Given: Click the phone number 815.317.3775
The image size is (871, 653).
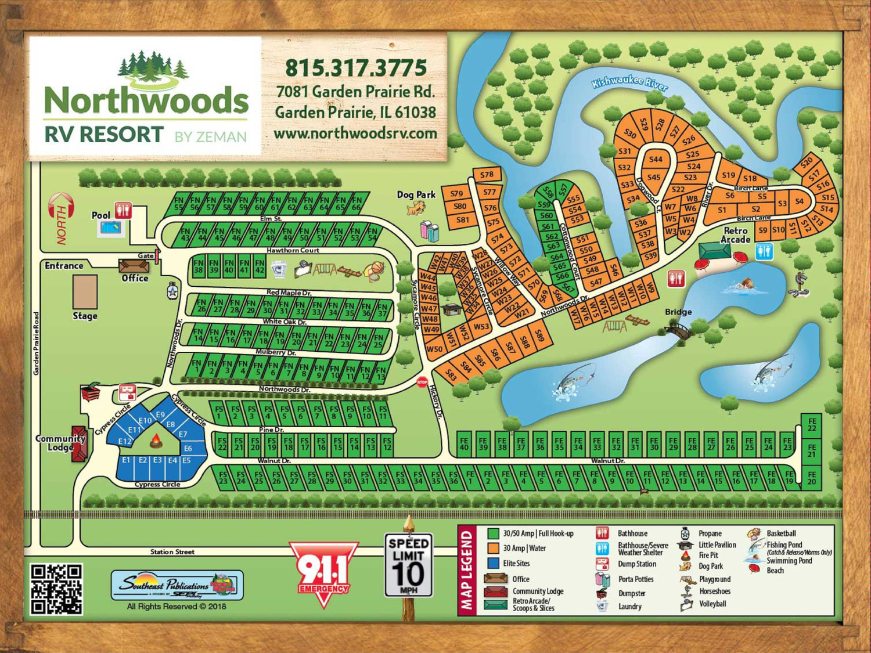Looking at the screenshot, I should pos(355,68).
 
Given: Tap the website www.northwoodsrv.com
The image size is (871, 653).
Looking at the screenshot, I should pos(355,134).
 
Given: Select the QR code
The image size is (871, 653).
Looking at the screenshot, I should pos(56,589).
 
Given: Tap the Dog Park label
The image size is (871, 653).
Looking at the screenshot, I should pos(416,194).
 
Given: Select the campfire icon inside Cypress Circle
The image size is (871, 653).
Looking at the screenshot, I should pos(156,442).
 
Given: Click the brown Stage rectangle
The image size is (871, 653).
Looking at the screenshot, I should pos(85,292).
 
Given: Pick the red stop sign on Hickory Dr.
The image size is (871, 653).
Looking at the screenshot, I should pos(422,383).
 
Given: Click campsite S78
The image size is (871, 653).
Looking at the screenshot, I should pos(487,175).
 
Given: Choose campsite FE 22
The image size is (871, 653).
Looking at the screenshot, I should pos(812,424).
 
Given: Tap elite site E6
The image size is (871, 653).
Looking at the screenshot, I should pos(188,448).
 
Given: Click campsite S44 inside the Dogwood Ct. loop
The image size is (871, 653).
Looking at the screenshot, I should pos(656,159).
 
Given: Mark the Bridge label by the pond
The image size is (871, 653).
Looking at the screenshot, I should pos(678,312).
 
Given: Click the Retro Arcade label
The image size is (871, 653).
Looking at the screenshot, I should pos(735,234).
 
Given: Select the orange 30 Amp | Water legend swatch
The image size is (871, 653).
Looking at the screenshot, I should pos(494,548).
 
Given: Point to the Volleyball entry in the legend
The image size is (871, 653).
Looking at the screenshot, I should pos(712,604).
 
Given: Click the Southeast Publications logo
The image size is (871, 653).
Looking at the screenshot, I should pos(177,585).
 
